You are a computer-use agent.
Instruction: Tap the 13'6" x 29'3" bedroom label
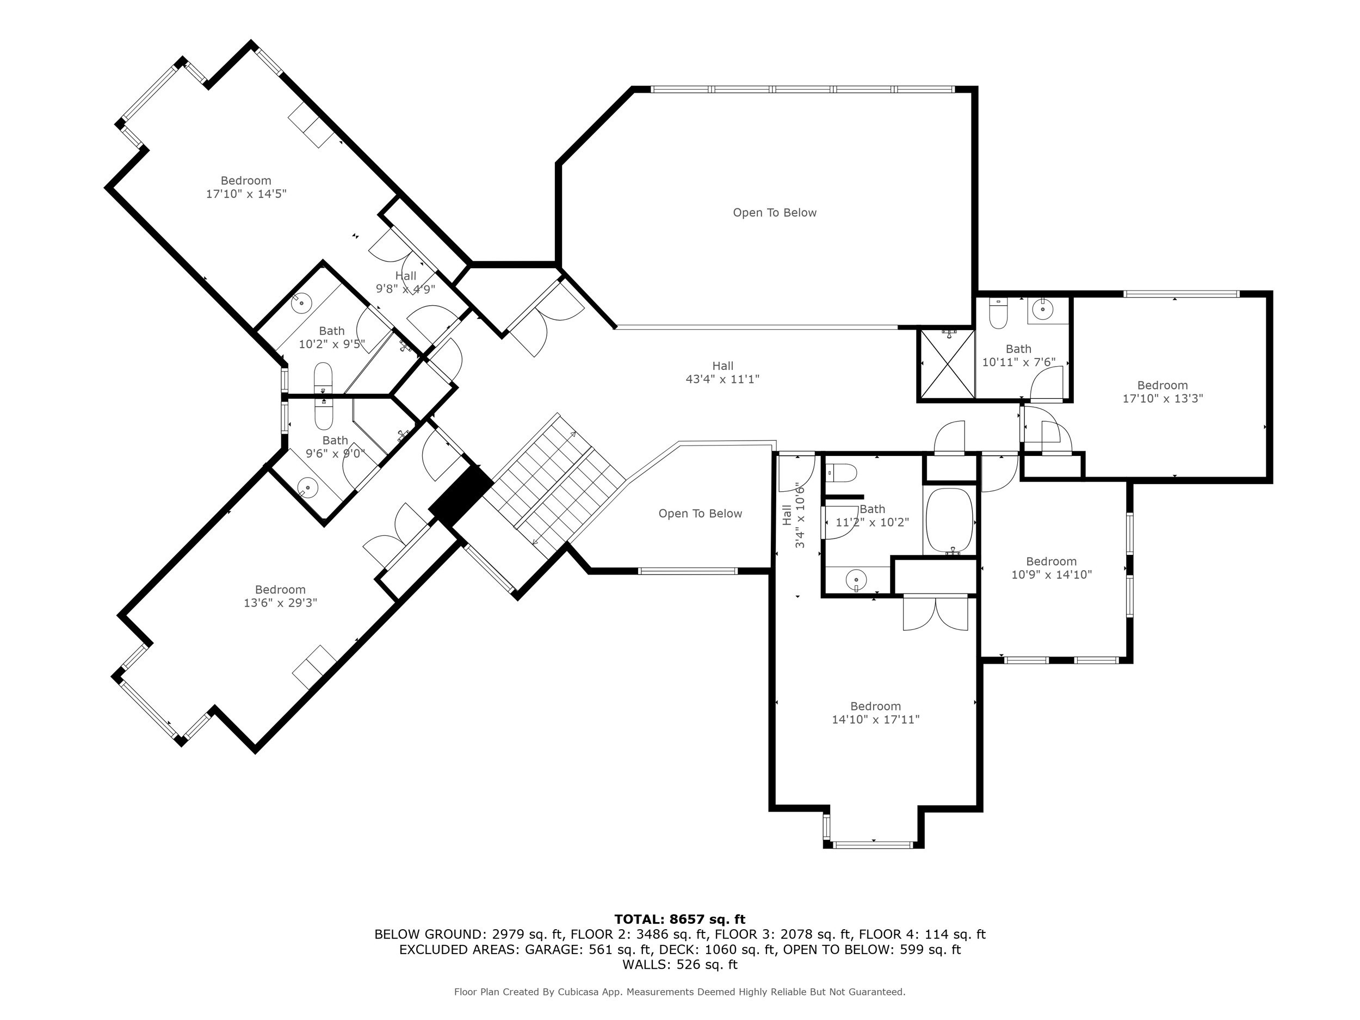(280, 596)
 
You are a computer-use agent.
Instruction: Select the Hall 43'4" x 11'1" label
(722, 373)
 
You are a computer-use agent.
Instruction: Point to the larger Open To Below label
(774, 213)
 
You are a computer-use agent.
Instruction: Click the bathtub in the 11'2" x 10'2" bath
(949, 520)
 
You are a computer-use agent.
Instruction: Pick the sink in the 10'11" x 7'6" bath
(1043, 308)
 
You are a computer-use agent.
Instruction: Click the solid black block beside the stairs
(461, 496)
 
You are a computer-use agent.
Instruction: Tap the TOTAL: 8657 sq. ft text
(679, 919)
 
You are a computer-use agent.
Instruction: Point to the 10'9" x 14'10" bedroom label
(1052, 568)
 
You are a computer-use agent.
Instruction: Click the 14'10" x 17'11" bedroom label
(875, 713)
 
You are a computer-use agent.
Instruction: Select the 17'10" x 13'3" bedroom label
(1162, 392)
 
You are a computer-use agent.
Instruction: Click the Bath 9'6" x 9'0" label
(335, 447)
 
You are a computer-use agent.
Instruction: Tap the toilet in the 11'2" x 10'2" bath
(842, 473)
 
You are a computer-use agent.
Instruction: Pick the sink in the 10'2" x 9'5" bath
(301, 302)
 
